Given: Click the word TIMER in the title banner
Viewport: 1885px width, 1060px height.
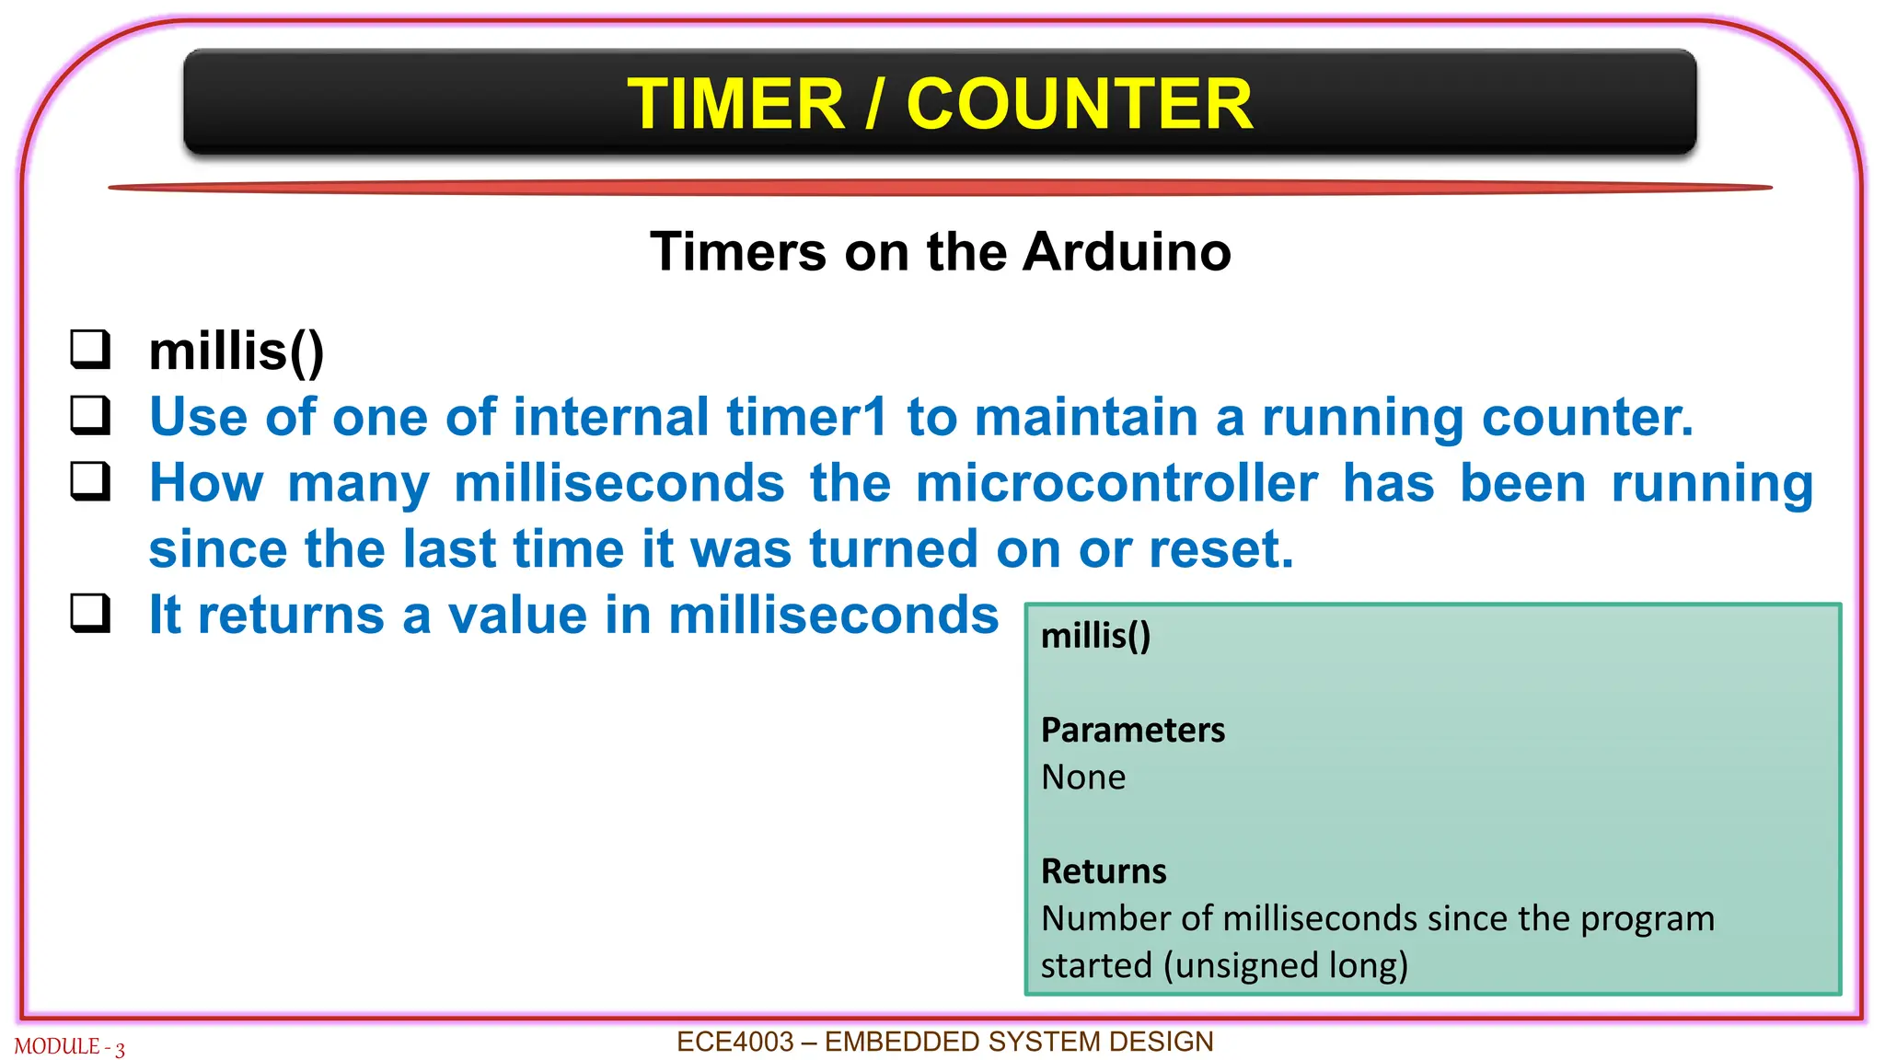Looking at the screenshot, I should click(x=735, y=104).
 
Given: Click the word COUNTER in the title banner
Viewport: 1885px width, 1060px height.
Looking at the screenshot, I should click(x=1079, y=104).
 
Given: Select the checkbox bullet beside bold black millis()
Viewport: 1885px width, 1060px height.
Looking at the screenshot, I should click(x=90, y=350).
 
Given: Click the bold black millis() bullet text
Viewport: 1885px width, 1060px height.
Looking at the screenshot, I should click(x=237, y=351).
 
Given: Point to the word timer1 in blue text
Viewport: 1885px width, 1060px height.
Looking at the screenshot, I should click(x=806, y=417).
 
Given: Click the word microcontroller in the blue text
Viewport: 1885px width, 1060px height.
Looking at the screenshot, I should click(x=1116, y=483).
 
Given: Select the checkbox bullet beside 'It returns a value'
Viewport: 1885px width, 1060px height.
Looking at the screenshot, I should click(x=90, y=614).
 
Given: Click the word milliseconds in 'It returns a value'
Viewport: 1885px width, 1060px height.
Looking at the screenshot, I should click(x=833, y=615).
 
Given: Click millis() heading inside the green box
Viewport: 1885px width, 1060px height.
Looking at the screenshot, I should click(x=1095, y=636).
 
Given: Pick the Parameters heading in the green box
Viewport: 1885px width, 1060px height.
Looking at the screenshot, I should click(x=1132, y=731).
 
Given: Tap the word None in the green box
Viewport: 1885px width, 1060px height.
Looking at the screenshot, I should click(x=1083, y=778).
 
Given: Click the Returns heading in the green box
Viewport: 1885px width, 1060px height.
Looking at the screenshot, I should click(x=1103, y=871).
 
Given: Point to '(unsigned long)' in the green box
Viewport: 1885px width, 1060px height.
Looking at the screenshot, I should click(x=1286, y=965).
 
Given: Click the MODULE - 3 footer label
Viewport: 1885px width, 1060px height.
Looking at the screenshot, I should click(x=69, y=1047).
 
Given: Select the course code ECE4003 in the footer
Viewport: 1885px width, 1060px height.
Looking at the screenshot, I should click(x=734, y=1042).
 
